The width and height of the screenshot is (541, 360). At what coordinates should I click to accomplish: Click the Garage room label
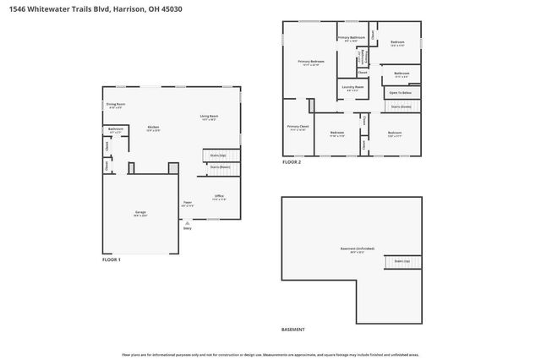point(140,214)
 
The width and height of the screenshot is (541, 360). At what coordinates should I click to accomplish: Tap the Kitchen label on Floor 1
point(153,127)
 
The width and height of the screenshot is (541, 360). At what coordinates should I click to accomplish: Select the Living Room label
point(210,117)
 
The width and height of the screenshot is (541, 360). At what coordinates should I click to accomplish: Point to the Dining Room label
point(116,105)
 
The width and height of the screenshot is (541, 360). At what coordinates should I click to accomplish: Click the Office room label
point(219,196)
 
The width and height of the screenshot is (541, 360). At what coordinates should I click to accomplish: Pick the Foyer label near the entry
point(188,203)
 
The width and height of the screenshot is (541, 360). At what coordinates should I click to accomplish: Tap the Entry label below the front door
point(188,228)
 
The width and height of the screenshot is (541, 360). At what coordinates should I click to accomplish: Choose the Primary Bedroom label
point(311,62)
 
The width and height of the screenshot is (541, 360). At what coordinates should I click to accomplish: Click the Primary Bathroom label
point(352,38)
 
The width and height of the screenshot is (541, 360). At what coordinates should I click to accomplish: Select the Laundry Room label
point(352,87)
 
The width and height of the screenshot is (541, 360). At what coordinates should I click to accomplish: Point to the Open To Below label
point(399,91)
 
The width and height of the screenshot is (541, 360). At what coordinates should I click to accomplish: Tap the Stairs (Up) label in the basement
point(402,261)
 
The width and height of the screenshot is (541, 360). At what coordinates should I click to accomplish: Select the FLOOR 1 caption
point(112,259)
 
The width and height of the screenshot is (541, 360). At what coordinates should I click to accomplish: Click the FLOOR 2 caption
point(292,161)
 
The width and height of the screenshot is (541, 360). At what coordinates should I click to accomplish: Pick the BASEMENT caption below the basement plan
point(292,330)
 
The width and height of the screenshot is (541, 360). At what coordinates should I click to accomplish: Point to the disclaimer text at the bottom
point(270,355)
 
